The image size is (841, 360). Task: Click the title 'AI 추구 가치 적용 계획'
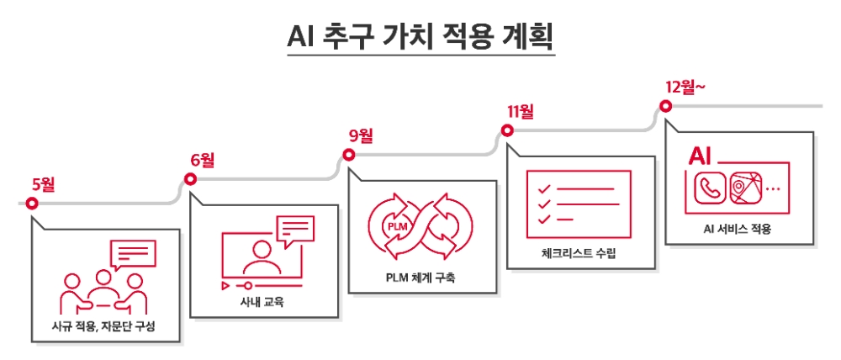[x=420, y=38]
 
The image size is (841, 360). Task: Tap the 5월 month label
[x=43, y=185]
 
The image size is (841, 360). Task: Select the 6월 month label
[x=203, y=160]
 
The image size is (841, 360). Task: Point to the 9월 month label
[x=361, y=135]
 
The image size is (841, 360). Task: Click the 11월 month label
[x=521, y=111]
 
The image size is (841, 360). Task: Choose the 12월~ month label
[x=685, y=87]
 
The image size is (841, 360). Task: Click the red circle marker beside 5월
[x=31, y=204]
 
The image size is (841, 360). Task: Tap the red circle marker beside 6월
[x=190, y=178]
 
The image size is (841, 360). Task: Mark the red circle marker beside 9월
[x=348, y=154]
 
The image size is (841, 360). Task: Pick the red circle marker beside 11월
[x=507, y=130]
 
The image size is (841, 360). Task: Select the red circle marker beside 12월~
[x=665, y=106]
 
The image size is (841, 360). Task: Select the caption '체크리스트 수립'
[x=579, y=252]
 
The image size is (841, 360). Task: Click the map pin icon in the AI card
[x=744, y=188]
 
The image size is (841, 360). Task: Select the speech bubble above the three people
[x=134, y=254]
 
